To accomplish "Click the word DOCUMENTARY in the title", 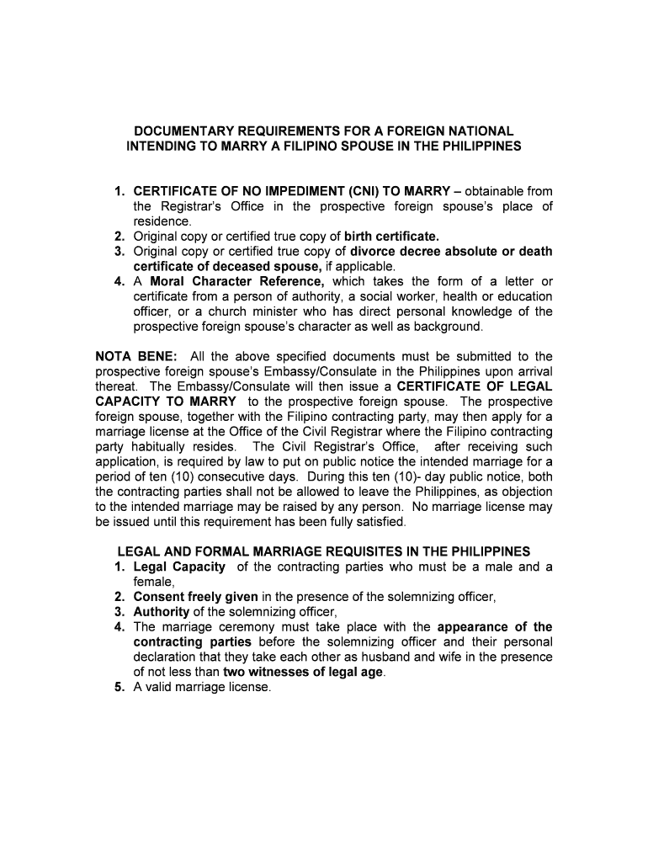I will [x=176, y=131].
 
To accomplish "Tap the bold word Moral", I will [x=168, y=281].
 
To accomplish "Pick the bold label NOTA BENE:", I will [x=130, y=357].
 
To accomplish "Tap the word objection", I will [x=527, y=492].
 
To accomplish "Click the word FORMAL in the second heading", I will [x=220, y=551].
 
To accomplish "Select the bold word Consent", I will [x=160, y=597].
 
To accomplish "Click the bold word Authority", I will [x=162, y=612].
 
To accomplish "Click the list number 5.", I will [x=120, y=687].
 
